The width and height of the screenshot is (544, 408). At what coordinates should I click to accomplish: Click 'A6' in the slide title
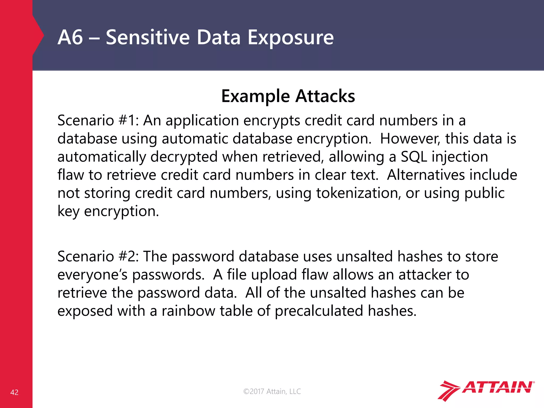point(70,37)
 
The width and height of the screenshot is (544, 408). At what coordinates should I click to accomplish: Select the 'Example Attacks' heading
point(288,96)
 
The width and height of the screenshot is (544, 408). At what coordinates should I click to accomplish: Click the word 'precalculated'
point(319,311)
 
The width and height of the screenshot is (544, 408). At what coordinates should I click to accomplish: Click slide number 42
point(14,392)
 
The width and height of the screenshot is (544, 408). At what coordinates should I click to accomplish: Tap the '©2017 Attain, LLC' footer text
point(272,391)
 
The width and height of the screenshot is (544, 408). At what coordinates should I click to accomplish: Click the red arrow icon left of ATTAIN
point(448,390)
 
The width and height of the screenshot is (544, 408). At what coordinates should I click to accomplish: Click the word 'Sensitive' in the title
point(148,37)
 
